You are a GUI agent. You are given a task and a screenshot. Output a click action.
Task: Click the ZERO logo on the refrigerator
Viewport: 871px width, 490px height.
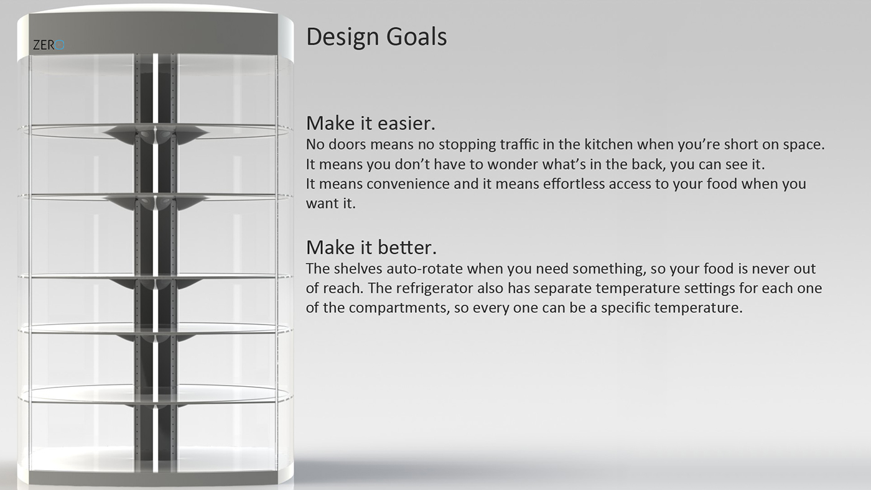[x=49, y=45]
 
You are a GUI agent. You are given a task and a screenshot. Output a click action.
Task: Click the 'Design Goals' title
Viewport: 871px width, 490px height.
[x=376, y=37]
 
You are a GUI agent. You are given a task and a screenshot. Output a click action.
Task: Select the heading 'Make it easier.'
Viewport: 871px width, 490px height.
[x=371, y=123]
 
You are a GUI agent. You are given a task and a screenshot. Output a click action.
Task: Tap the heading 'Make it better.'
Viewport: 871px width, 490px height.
[x=371, y=247]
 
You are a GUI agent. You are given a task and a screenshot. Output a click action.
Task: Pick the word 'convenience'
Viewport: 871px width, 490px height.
[x=408, y=184]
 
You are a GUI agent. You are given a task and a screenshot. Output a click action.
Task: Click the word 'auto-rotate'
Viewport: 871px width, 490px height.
[x=424, y=269]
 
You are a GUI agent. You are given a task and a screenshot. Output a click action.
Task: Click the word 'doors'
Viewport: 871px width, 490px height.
[x=348, y=144]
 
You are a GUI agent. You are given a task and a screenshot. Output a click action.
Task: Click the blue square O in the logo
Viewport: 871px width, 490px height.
[x=60, y=45]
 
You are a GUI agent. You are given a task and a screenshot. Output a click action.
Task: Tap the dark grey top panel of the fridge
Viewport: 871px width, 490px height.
[x=154, y=33]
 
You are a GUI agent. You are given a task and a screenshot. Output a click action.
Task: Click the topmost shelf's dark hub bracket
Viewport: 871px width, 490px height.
[x=156, y=134]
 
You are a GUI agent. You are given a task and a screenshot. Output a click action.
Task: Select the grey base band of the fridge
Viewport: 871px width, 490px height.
[x=154, y=478]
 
